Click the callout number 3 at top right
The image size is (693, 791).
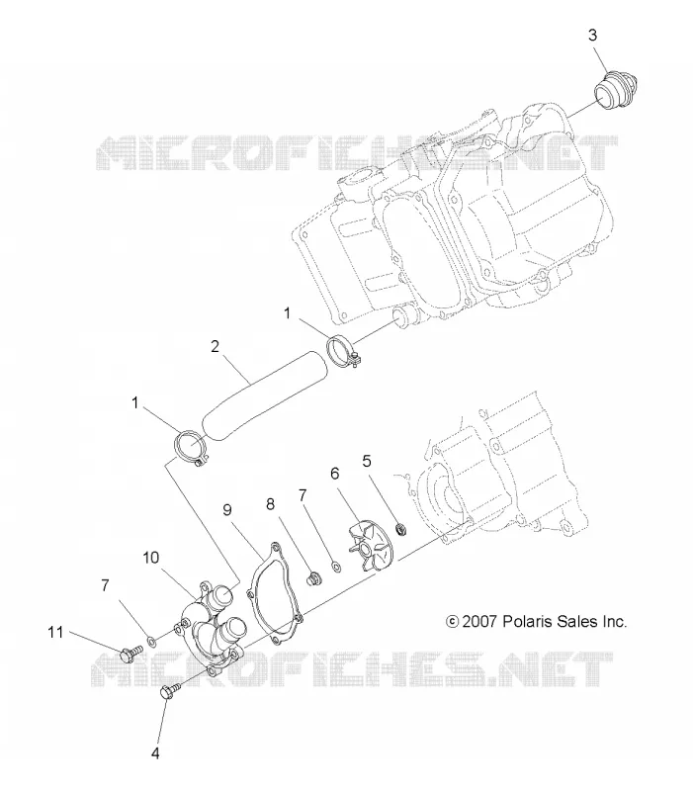click(x=592, y=36)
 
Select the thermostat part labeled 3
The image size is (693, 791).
click(x=615, y=91)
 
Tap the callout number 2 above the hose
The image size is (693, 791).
click(x=216, y=347)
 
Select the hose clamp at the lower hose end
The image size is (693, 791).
click(x=190, y=448)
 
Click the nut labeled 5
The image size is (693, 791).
click(x=401, y=530)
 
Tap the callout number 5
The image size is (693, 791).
click(x=367, y=461)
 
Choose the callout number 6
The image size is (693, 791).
click(x=335, y=474)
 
